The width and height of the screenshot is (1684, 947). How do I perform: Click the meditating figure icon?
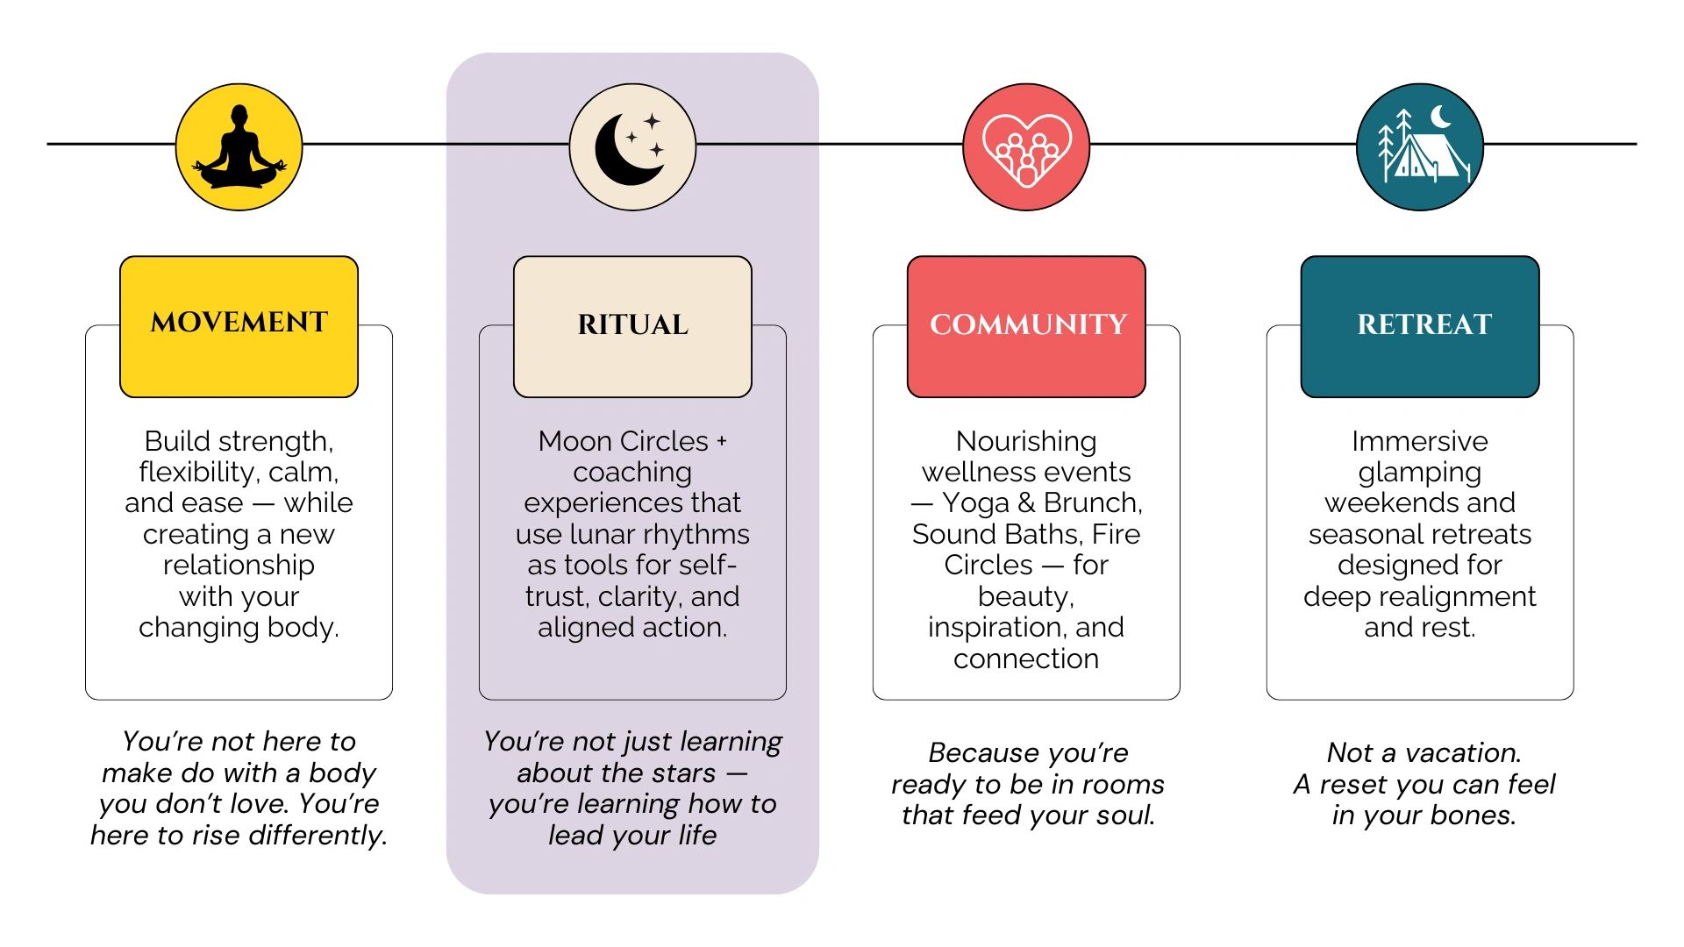pyautogui.click(x=239, y=147)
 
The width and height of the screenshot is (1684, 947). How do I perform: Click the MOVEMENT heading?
pyautogui.click(x=239, y=323)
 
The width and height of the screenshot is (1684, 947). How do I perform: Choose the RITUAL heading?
pyautogui.click(x=632, y=325)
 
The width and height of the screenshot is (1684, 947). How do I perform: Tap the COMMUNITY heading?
pyautogui.click(x=1027, y=325)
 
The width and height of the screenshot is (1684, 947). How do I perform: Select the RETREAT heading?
pyautogui.click(x=1424, y=325)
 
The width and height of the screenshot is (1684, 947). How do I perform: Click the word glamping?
pyautogui.click(x=1419, y=473)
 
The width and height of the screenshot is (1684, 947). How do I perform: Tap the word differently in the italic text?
pyautogui.click(x=318, y=836)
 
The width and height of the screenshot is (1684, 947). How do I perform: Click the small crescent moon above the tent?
pyautogui.click(x=1441, y=117)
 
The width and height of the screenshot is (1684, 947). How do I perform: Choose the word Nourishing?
pyautogui.click(x=1025, y=441)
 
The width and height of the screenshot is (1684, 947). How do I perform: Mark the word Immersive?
pyautogui.click(x=1419, y=441)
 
